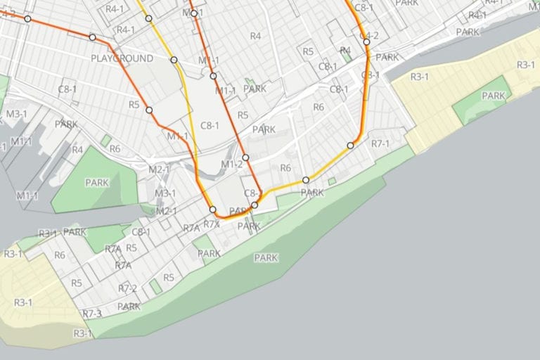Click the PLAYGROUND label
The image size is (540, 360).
click(x=122, y=58)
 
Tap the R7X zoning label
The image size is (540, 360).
click(x=212, y=224)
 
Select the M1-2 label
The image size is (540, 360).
click(x=231, y=165)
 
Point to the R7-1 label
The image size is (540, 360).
click(x=380, y=143)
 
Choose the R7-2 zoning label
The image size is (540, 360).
click(x=127, y=288)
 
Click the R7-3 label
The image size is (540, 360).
click(x=92, y=313)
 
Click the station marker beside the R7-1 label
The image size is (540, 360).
click(x=350, y=146)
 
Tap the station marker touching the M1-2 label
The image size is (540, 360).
click(x=246, y=157)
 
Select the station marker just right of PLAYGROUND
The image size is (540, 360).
click(x=174, y=60)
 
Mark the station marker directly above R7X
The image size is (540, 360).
click(x=213, y=210)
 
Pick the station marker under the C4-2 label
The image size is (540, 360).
click(x=366, y=42)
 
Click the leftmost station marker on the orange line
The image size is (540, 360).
click(x=28, y=19)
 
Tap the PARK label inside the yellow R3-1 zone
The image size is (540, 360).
click(x=494, y=96)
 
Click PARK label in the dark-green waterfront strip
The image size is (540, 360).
click(x=266, y=258)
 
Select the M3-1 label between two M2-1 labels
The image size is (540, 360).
click(x=165, y=193)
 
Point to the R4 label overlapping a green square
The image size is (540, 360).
click(x=345, y=50)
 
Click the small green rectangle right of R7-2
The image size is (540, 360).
click(x=155, y=286)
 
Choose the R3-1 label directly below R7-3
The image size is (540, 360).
click(x=83, y=333)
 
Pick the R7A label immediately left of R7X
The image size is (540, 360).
click(x=191, y=229)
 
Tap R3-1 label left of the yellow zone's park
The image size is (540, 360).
click(x=419, y=77)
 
